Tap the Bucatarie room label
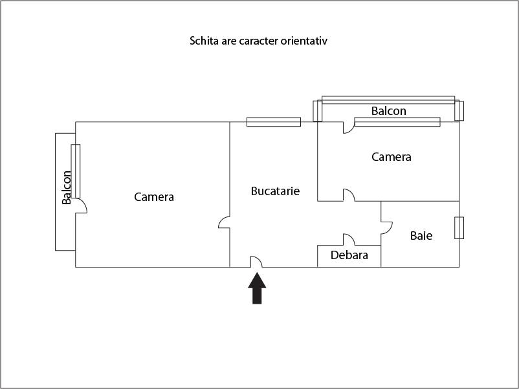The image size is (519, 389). pos(275,191)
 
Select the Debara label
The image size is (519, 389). pos(349,255)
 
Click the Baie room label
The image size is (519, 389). pos(421,236)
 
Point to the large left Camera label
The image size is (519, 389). pos(154,197)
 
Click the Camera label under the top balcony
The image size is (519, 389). pos(391,157)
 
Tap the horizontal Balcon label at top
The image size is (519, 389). pos(389,111)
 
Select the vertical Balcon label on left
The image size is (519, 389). pos(67,187)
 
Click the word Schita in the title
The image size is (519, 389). pos(203,41)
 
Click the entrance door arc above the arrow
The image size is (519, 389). pos(256,261)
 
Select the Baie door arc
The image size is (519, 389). pos(386,227)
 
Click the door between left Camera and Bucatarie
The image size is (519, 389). pos(225,223)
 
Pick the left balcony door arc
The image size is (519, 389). pos(82,206)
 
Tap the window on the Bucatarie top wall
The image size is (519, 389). pos(274,121)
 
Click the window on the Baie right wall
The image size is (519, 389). pos(459,228)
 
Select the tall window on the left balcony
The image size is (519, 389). pos(76,171)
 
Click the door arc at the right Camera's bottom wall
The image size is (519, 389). pos(348,195)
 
